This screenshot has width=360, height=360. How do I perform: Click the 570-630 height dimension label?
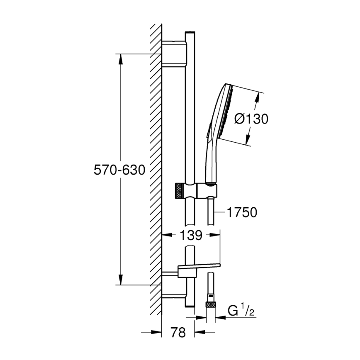(x=119, y=170)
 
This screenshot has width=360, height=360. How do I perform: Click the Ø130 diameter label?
(x=251, y=119)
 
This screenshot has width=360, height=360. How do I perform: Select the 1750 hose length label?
(x=242, y=212)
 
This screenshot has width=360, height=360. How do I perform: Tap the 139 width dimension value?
(x=191, y=235)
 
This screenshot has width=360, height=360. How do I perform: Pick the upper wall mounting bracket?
(x=174, y=54)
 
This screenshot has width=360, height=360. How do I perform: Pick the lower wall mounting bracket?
(x=174, y=285)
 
